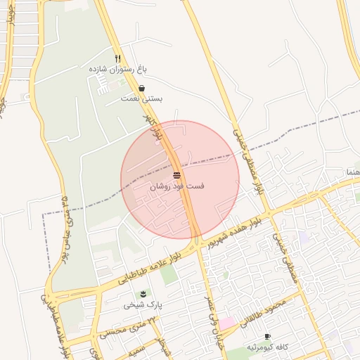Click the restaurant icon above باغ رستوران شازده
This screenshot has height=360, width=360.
click(118, 59)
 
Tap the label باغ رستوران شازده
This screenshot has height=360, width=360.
click(117, 70)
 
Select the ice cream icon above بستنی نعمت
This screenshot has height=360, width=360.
click(143, 89)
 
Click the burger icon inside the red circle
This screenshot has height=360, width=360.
click(176, 174)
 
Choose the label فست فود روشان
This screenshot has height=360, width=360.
click(178, 187)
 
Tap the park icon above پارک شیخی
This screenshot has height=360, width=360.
click(143, 292)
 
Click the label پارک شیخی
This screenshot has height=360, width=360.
click(143, 304)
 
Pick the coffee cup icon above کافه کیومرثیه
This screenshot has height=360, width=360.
click(267, 337)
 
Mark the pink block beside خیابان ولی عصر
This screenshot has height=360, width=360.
click(227, 323)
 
